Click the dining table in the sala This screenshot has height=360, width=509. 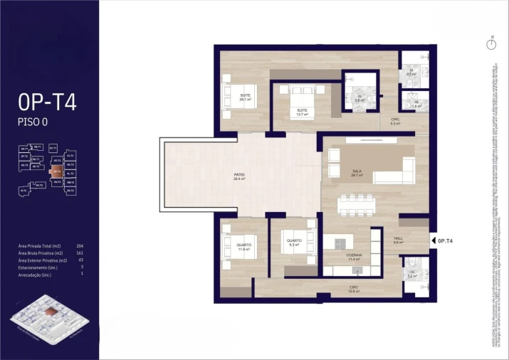coord(357,204)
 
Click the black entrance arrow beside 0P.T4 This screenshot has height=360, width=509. coord(433,241)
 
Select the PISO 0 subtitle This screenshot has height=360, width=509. coord(32,122)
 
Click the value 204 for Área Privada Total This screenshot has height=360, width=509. coord(80,246)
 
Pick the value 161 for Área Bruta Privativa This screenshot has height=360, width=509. coord(80,253)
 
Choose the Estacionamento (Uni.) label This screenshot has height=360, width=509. coord(38,267)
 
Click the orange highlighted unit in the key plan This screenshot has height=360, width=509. coord(56,171)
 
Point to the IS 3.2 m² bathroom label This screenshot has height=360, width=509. coord(411,274)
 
